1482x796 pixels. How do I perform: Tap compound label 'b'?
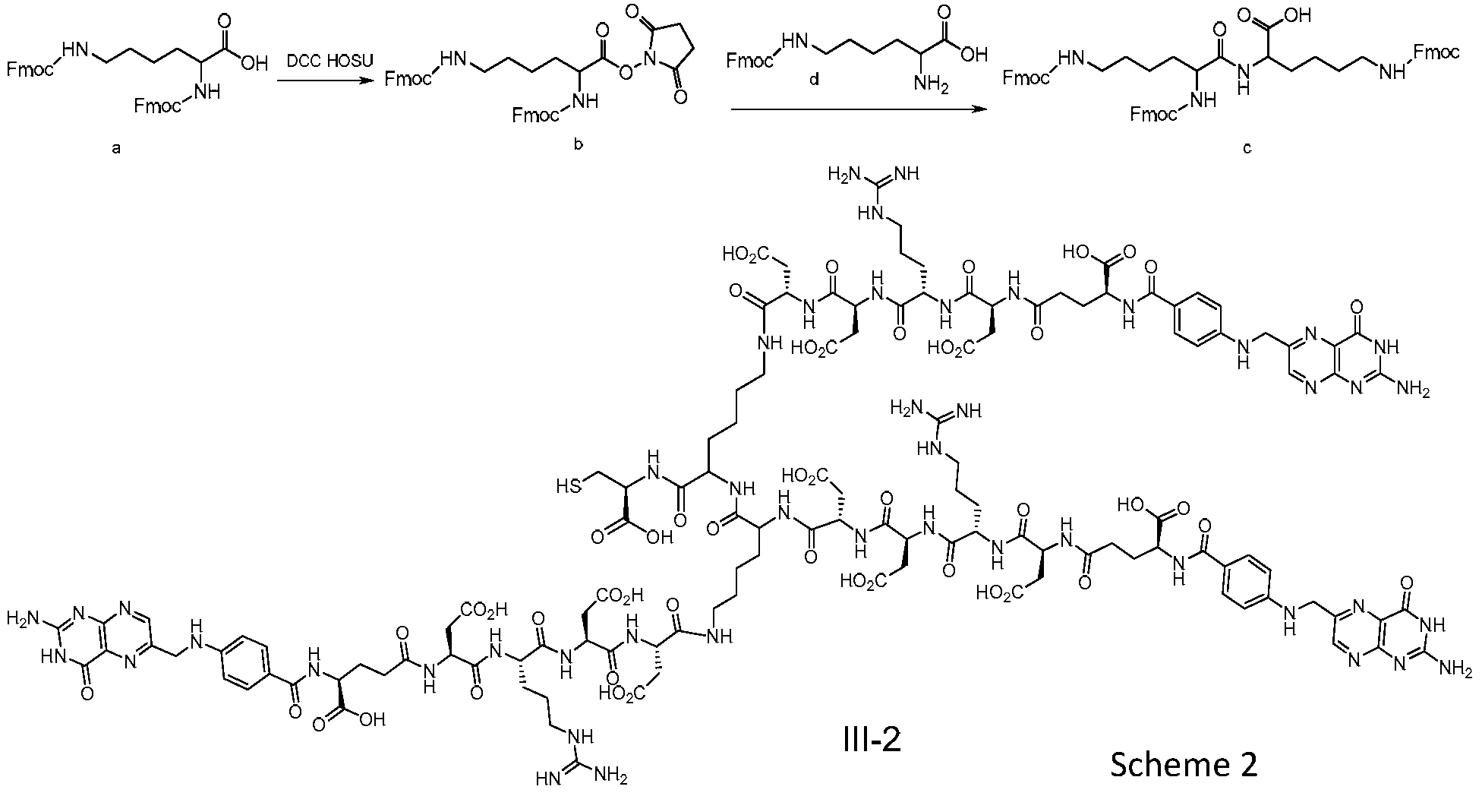(x=578, y=144)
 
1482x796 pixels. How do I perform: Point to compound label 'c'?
(x=1247, y=148)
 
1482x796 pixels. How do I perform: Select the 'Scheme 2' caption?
(x=1184, y=764)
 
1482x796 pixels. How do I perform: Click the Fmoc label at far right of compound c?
(x=1435, y=52)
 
